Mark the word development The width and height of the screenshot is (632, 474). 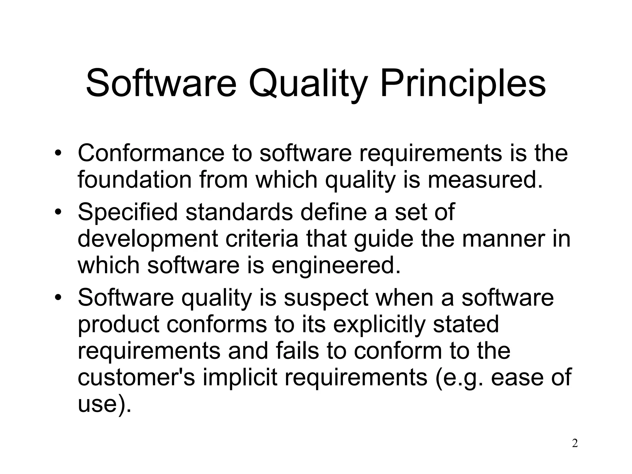point(148,239)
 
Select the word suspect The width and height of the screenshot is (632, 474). point(326,298)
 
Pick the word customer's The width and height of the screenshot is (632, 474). point(136,378)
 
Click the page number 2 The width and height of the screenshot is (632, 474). point(575,444)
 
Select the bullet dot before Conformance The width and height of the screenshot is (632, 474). point(58,153)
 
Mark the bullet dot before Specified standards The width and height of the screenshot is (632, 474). point(58,213)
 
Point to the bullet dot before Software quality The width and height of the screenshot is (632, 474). point(58,298)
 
